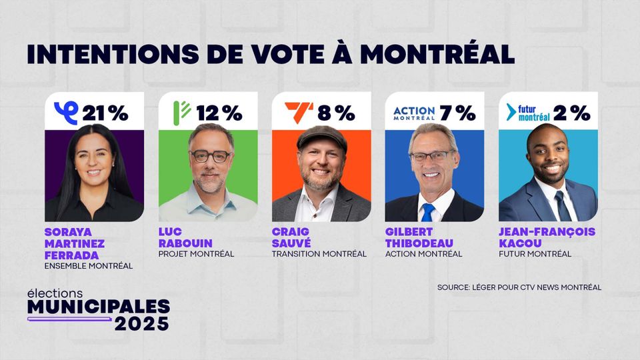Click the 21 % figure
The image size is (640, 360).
click(x=105, y=113)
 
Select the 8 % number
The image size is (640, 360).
click(x=336, y=113)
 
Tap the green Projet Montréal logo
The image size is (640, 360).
click(x=181, y=111)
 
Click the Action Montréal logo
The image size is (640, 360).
click(x=414, y=113)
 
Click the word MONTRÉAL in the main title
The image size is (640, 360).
click(x=437, y=54)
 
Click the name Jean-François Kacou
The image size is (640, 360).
click(x=547, y=237)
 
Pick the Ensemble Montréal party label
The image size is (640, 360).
click(x=88, y=265)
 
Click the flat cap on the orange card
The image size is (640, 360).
click(x=321, y=136)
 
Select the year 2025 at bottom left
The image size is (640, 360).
click(x=141, y=323)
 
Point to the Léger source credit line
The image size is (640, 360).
click(x=519, y=287)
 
